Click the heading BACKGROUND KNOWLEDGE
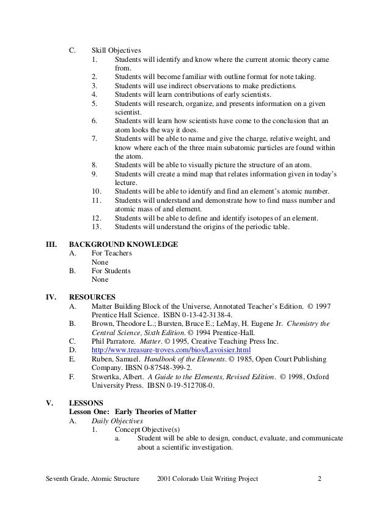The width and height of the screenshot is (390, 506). click(123, 244)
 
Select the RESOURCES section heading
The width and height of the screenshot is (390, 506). click(92, 296)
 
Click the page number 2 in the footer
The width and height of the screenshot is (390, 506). click(319, 478)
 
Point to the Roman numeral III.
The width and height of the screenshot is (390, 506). click(53, 244)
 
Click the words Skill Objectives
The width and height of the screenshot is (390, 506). click(116, 50)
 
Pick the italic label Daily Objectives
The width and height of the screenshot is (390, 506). click(118, 422)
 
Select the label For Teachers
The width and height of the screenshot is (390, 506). click(111, 253)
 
